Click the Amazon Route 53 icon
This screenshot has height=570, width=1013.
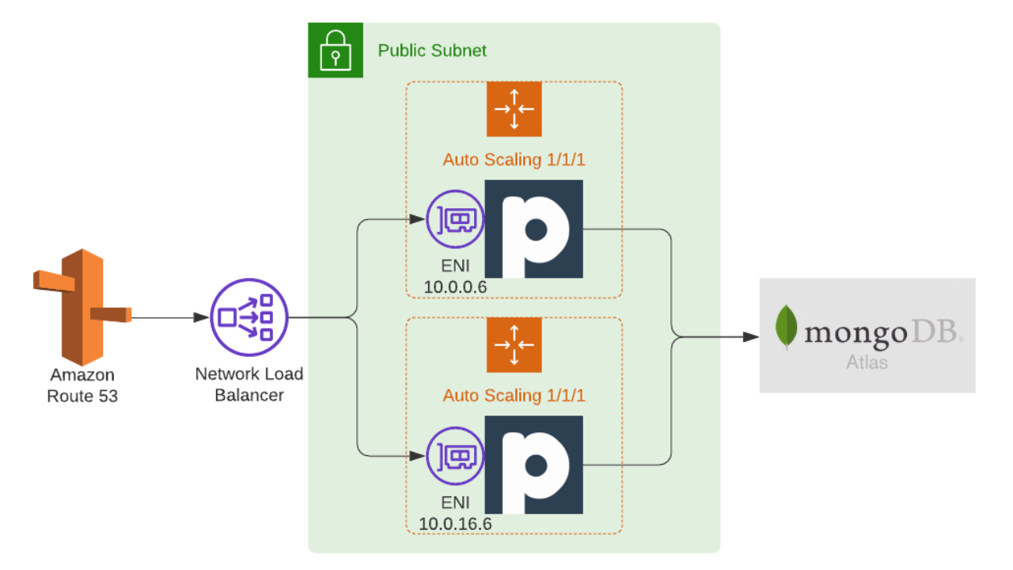(x=82, y=307)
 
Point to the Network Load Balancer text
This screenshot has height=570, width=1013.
(x=249, y=383)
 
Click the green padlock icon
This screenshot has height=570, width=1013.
(x=336, y=51)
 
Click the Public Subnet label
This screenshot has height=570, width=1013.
(x=432, y=51)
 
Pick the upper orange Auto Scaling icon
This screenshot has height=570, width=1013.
(x=514, y=108)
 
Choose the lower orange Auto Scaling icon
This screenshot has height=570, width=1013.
(x=514, y=344)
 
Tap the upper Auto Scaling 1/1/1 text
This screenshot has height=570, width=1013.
(x=514, y=160)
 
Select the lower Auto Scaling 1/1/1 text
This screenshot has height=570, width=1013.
(x=514, y=395)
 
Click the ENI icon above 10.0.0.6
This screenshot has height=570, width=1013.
(x=455, y=218)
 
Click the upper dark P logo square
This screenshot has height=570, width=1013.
(x=534, y=229)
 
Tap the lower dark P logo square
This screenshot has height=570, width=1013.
(x=534, y=465)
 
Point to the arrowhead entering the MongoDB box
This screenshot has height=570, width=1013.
(x=751, y=337)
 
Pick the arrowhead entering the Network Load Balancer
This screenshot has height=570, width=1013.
(x=203, y=318)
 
